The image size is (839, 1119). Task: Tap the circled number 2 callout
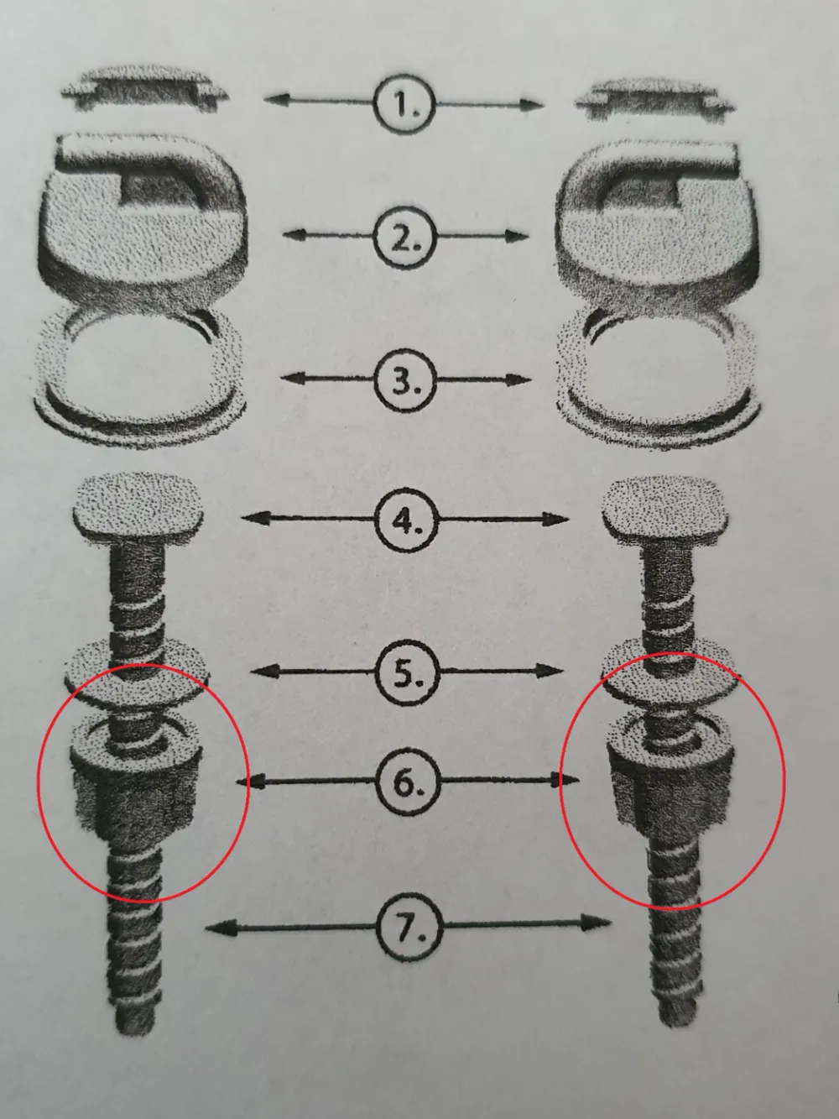pos(405,238)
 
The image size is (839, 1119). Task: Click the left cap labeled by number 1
pos(144,90)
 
